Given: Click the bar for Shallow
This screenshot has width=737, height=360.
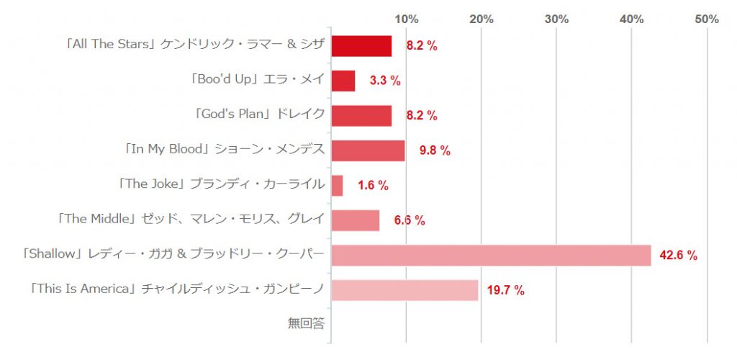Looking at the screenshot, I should (491, 256).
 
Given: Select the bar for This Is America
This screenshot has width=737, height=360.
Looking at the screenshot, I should (404, 290).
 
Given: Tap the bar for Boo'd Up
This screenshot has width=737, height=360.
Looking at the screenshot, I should (343, 81).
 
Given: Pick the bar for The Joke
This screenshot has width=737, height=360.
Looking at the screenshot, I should (338, 186).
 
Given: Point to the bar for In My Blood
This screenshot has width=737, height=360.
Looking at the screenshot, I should (368, 150).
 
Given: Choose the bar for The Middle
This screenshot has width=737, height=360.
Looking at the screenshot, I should (356, 220).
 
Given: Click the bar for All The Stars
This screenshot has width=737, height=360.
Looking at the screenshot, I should (361, 46).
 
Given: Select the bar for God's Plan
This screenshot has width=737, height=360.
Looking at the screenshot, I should (361, 116).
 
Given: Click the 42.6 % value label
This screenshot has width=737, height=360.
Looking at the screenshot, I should (679, 256).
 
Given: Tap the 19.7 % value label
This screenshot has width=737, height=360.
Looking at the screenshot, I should (505, 291).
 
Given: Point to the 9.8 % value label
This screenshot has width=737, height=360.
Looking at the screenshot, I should (435, 150).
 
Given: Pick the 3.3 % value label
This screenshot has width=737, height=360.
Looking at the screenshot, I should (385, 81).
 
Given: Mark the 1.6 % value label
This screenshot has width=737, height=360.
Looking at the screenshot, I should (373, 186).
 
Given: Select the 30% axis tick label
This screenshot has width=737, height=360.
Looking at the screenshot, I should (557, 19).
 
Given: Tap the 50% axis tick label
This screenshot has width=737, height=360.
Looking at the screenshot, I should (707, 19).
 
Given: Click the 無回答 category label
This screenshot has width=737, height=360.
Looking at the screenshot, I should (306, 324).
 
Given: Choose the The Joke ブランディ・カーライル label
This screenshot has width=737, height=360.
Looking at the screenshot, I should (220, 184).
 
